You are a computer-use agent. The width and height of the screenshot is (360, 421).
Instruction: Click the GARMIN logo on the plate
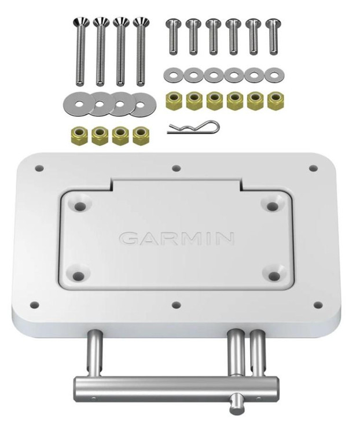[x=177, y=238]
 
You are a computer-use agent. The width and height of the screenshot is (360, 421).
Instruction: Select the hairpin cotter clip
[x=193, y=127]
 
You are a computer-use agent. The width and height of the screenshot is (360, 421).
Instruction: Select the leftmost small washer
[x=172, y=75]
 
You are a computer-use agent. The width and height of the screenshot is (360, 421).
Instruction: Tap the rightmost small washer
[x=272, y=75]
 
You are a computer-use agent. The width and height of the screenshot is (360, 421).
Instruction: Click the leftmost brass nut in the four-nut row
[x=80, y=135]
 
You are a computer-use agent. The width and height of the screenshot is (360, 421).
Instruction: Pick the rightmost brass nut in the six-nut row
[x=274, y=101]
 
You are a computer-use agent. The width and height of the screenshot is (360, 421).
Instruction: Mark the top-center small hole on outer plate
[x=177, y=169]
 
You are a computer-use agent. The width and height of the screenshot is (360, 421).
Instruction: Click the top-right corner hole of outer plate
[x=313, y=168]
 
